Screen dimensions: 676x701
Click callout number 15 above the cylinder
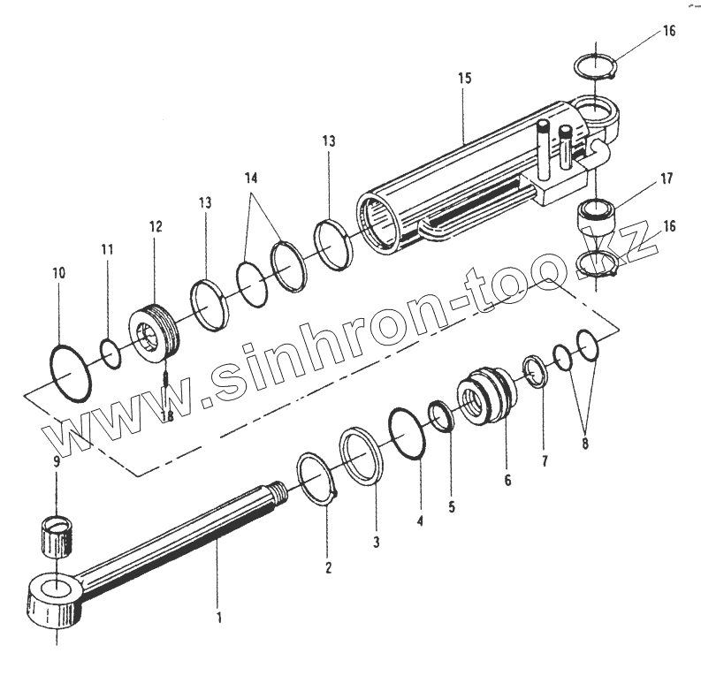pyautogui.click(x=465, y=79)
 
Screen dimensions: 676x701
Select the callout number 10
pyautogui.click(x=58, y=274)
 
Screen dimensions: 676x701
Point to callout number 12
pyautogui.click(x=156, y=227)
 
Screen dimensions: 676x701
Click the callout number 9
pyautogui.click(x=57, y=461)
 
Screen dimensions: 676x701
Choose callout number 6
pyautogui.click(x=507, y=481)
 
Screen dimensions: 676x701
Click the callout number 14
pyautogui.click(x=252, y=178)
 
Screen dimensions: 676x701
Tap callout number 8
pyautogui.click(x=584, y=444)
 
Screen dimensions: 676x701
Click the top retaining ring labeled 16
pyautogui.click(x=593, y=68)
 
